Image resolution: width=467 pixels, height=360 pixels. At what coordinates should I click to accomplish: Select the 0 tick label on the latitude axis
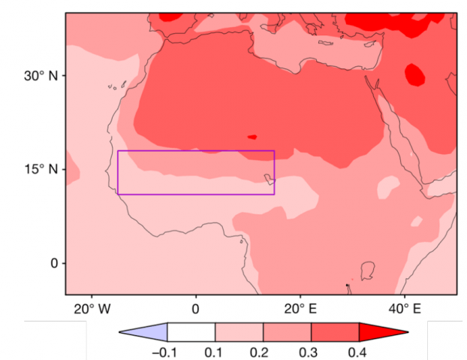53,263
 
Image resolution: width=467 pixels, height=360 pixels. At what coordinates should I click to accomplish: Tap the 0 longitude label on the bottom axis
195,308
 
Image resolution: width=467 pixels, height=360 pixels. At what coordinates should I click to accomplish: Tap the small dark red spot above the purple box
252,137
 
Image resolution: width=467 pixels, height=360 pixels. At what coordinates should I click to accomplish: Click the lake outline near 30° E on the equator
367,270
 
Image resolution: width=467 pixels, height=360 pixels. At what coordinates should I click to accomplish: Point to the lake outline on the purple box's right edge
269,179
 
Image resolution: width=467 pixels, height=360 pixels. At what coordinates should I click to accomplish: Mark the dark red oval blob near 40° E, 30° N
414,74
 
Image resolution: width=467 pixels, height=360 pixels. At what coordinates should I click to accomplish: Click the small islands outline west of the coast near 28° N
112,86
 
